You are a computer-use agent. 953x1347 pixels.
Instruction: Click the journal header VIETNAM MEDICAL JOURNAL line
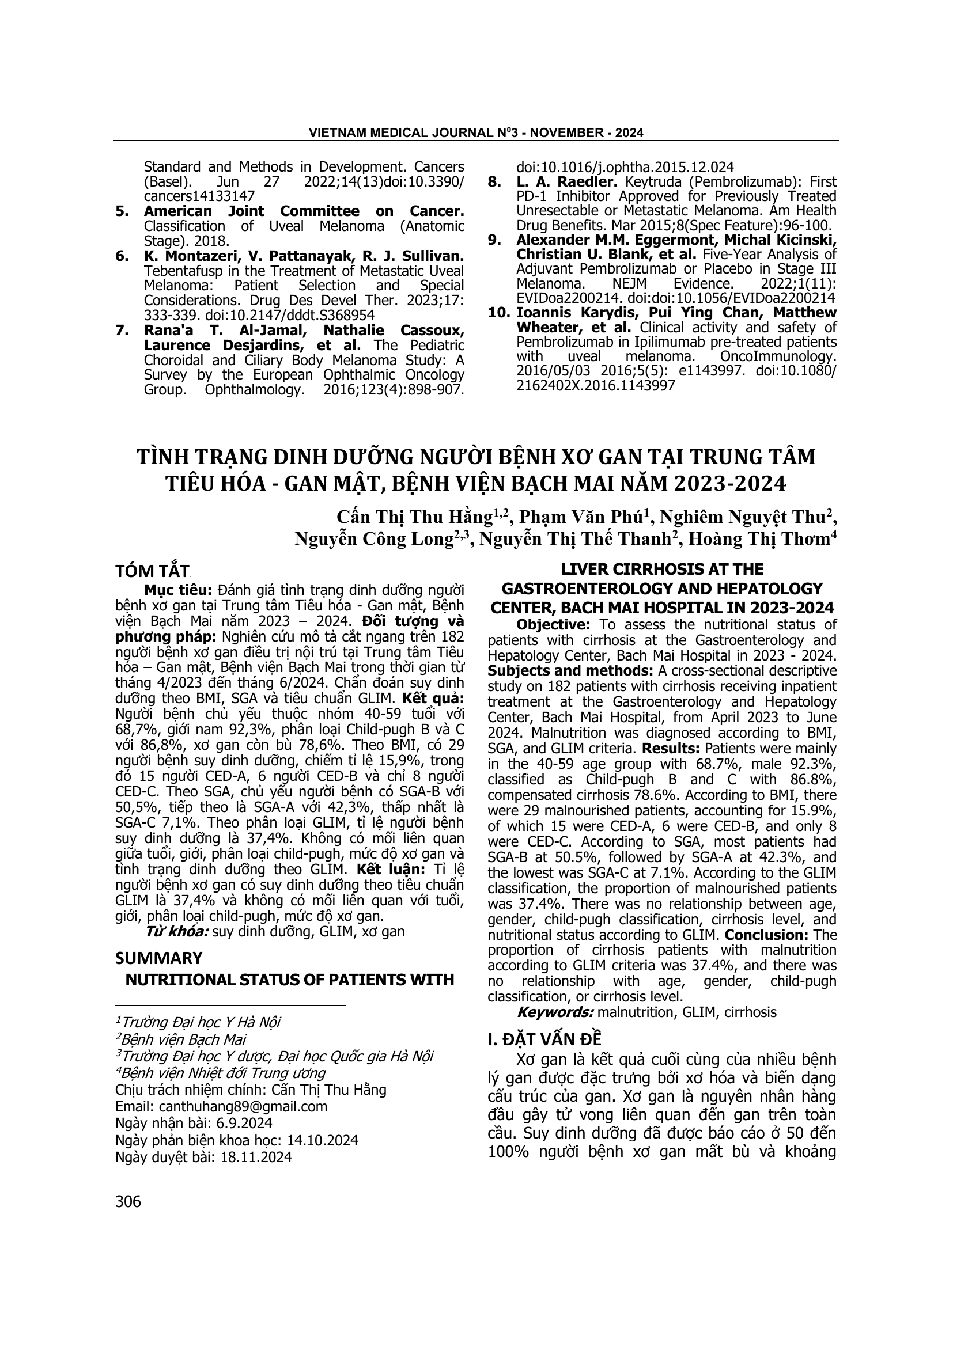point(476,133)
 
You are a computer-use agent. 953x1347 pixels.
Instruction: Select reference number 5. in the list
point(121,211)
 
